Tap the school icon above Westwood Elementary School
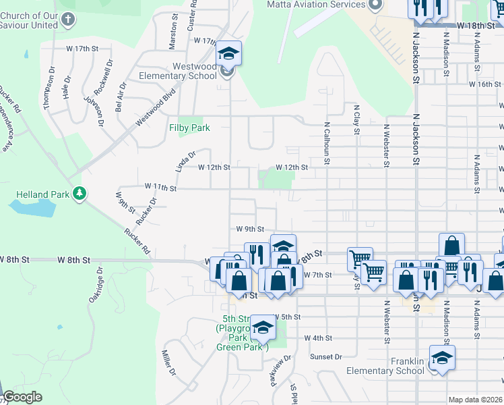229,53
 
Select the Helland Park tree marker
80,194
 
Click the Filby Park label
189,128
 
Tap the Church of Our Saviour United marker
67,20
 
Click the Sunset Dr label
325,356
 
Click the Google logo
22,397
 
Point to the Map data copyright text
476,400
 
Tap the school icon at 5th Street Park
263,328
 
